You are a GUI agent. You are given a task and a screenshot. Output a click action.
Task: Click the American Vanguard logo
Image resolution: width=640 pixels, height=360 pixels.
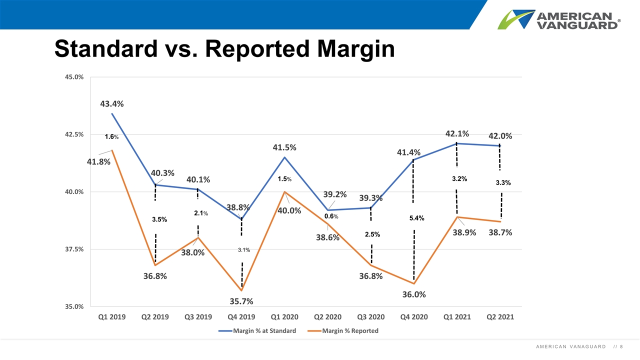coord(559,19)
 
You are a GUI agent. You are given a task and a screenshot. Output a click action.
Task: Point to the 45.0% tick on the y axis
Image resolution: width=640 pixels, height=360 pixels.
coord(74,77)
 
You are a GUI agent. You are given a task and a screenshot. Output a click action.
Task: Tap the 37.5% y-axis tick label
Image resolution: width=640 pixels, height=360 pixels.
coord(74,249)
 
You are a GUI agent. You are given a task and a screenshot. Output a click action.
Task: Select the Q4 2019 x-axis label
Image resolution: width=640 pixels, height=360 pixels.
coord(241,317)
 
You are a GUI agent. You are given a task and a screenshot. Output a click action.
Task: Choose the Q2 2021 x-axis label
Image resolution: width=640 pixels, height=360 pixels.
coord(500,317)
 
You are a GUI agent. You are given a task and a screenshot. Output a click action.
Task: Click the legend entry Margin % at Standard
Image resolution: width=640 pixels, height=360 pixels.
coord(257,331)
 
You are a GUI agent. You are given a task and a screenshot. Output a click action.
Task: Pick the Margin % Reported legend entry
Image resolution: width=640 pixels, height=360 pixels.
coord(343,331)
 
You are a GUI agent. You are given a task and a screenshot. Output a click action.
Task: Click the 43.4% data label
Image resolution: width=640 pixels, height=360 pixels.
coord(111,104)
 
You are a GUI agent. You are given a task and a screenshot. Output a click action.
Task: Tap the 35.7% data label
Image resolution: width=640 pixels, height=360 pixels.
coord(241,301)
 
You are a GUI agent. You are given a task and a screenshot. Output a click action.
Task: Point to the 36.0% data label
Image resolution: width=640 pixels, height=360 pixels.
coord(414,294)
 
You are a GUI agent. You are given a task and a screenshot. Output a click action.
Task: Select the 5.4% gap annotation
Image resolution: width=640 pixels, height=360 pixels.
coord(417,218)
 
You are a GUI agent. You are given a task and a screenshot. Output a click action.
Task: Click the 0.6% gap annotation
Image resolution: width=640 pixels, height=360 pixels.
coord(331,216)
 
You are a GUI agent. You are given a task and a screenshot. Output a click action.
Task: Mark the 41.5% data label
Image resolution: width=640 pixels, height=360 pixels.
coord(284,147)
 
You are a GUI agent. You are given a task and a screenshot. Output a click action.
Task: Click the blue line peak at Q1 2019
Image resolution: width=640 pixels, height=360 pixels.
coord(112,113)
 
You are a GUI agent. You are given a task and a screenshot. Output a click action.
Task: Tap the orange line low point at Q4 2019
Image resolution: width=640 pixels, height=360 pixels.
coord(241,290)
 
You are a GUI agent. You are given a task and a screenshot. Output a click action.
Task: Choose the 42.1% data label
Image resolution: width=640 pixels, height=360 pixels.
coord(457,133)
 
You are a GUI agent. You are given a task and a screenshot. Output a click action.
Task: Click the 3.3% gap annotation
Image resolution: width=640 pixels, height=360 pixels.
coord(503,183)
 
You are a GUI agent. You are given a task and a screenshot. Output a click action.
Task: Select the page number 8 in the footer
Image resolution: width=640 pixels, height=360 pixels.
coord(621,347)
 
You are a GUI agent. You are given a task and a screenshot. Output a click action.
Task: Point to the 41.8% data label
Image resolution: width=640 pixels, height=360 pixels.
coord(98,162)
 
